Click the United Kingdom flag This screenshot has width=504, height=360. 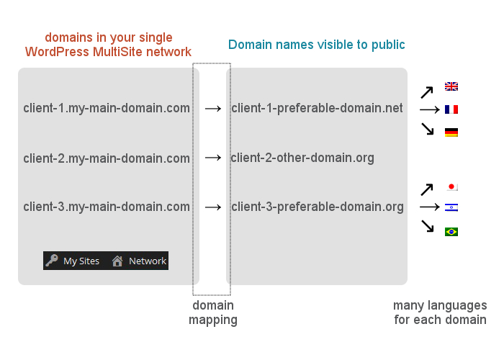(x=451, y=86)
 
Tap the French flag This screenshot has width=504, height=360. (x=451, y=109)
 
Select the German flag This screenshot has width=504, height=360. (x=451, y=132)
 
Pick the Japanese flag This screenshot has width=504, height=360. (x=452, y=186)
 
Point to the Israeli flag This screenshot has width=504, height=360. (x=451, y=207)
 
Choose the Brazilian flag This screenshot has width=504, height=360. (x=451, y=232)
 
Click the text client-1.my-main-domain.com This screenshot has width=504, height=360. (x=107, y=108)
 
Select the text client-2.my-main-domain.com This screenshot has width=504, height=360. (x=107, y=158)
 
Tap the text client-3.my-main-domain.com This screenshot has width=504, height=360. (x=107, y=207)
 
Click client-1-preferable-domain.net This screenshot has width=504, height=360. (x=317, y=108)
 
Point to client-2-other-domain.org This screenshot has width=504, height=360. (x=302, y=158)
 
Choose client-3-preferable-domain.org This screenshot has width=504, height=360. (x=318, y=207)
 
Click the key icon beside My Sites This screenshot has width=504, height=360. (x=52, y=261)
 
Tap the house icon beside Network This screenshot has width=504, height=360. (x=117, y=261)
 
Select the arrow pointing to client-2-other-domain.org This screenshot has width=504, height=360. (x=213, y=158)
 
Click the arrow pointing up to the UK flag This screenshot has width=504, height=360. (x=427, y=92)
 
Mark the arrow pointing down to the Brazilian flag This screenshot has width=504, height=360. (x=428, y=225)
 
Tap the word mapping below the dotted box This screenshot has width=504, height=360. (x=213, y=320)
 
